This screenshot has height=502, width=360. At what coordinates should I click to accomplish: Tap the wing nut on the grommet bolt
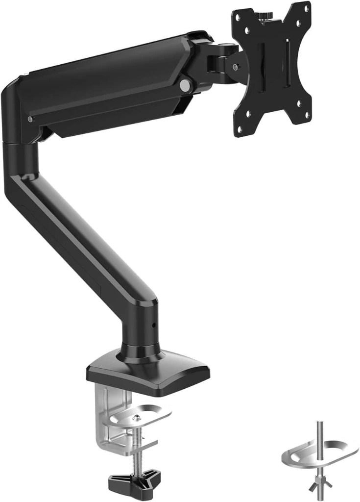(320, 482)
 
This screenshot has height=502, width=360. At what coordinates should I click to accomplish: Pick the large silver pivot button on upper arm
(185, 85)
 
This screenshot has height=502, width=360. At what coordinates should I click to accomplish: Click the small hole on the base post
(153, 325)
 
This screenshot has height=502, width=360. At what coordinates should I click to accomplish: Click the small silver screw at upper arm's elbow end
(30, 119)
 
